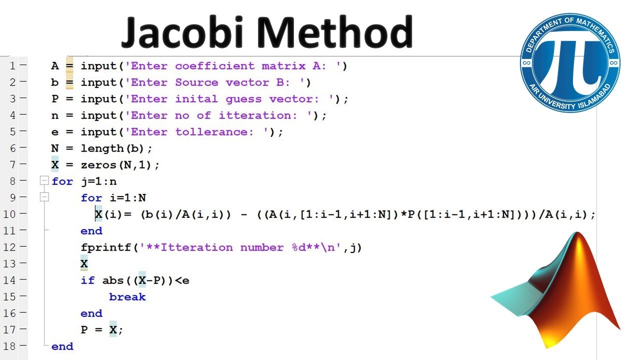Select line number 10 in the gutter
tap(10, 214)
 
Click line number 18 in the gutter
tap(10, 346)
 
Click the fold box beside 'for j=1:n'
tap(44, 181)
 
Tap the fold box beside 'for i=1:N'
tap(44, 197)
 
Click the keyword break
tap(127, 296)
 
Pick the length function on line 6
tap(102, 148)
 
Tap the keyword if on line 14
tap(87, 280)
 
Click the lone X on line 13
tap(84, 263)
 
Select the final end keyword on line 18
tap(62, 346)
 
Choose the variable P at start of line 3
tap(55, 98)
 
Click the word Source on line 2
tap(196, 82)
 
